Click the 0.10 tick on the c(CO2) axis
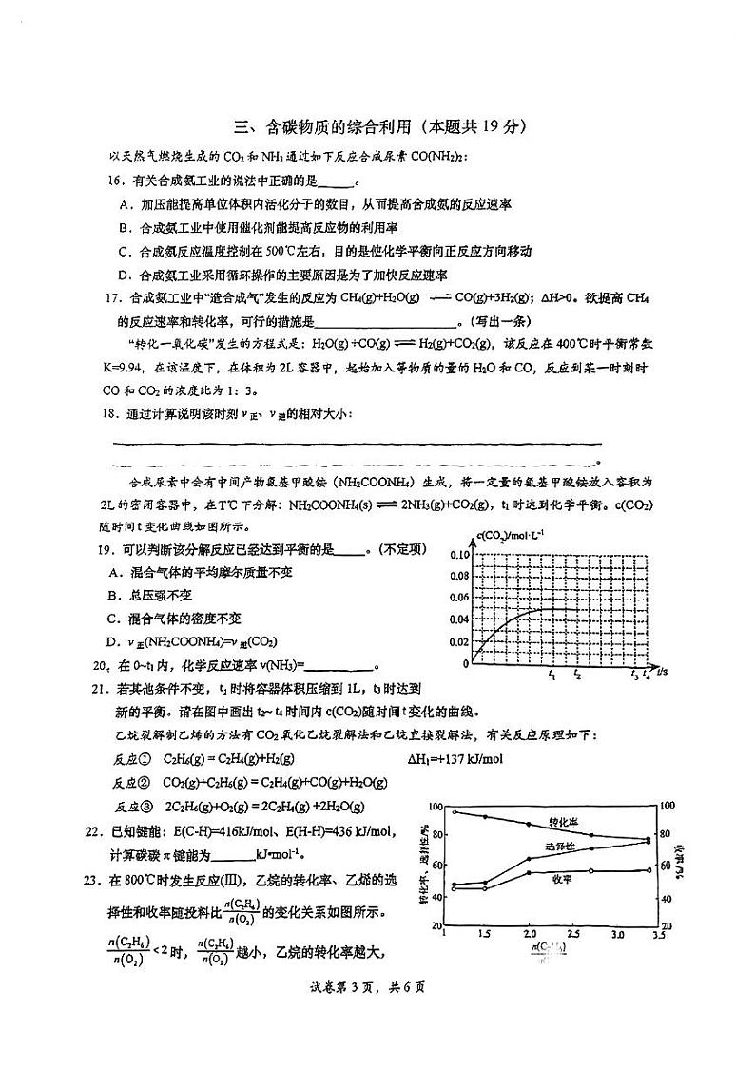(433, 554)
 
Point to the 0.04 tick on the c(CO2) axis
(433, 619)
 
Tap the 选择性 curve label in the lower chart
(560, 847)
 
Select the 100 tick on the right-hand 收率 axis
(668, 806)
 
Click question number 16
(115, 181)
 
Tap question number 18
(115, 412)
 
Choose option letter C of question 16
(125, 252)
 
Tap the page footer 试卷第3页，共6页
(377, 985)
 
